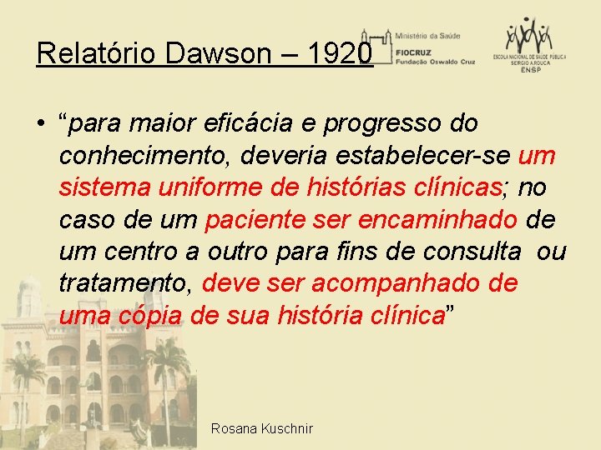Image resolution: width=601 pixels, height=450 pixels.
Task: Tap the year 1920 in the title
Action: (x=340, y=54)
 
